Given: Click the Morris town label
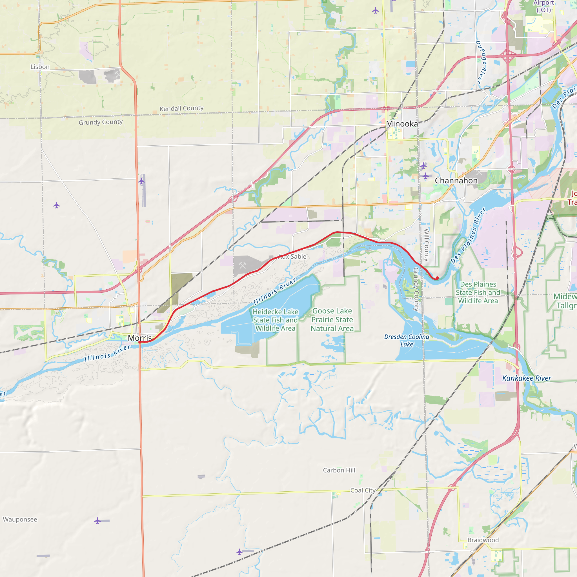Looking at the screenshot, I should (140, 338).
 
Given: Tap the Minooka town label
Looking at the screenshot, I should (402, 124).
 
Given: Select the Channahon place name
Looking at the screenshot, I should (456, 181).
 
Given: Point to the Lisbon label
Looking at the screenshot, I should (40, 67).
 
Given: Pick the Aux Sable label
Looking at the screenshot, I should (292, 257).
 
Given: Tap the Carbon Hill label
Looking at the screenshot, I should (339, 471).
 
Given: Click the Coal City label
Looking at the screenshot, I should (363, 491).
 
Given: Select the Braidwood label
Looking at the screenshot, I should (483, 540).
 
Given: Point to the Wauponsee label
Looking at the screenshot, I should (20, 519).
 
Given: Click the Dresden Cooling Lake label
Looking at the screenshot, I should (407, 340).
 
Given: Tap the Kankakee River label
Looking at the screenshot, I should (527, 378).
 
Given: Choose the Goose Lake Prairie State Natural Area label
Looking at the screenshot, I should (332, 319).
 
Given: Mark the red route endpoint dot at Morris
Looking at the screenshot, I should (140, 342).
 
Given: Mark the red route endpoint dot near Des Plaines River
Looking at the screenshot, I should (437, 278).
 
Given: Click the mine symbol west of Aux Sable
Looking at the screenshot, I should (243, 265).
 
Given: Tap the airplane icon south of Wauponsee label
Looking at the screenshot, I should (97, 521).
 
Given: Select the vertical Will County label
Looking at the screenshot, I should (427, 245).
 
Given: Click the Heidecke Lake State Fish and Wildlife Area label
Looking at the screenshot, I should (275, 320).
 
